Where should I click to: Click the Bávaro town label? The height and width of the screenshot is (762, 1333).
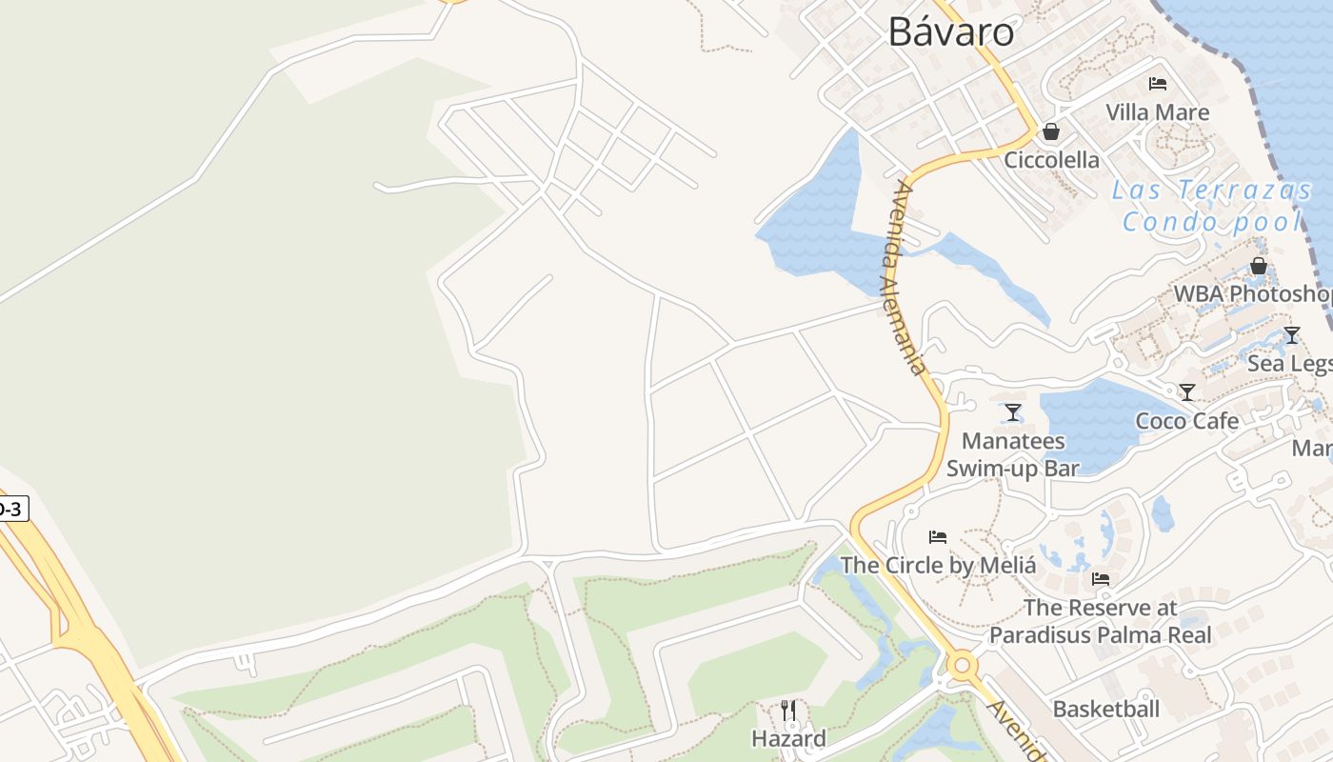[x=950, y=32]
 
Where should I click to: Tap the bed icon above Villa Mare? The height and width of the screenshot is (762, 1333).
[x=1158, y=84]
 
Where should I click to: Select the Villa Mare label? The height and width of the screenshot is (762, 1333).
[x=1157, y=112]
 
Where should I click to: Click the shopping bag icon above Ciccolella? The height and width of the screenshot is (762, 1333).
[x=1051, y=131]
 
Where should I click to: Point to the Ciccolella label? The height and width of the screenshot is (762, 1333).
[x=1051, y=160]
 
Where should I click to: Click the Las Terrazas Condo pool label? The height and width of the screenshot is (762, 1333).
[x=1211, y=206]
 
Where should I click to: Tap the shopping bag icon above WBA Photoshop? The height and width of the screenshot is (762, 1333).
[x=1259, y=266]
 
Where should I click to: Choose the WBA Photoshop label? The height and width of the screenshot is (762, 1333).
[x=1252, y=293]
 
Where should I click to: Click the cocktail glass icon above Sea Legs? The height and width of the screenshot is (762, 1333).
[x=1291, y=335]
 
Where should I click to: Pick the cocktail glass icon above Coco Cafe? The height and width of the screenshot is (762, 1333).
[x=1187, y=392]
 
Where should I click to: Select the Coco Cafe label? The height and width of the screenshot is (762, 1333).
[x=1186, y=421]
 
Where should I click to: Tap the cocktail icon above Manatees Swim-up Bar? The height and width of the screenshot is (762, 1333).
[x=1013, y=412]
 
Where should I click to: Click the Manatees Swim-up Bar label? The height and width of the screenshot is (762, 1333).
[x=1013, y=454]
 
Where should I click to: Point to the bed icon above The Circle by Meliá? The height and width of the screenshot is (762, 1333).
[x=938, y=537]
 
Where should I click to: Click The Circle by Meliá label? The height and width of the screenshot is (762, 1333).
[x=938, y=565]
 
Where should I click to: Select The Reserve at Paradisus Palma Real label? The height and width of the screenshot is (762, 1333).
[x=1100, y=621]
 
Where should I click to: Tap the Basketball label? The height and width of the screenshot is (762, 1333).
[x=1105, y=709]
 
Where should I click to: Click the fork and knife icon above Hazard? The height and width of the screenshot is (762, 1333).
[x=788, y=711]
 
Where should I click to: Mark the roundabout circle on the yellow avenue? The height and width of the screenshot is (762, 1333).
[x=962, y=664]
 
